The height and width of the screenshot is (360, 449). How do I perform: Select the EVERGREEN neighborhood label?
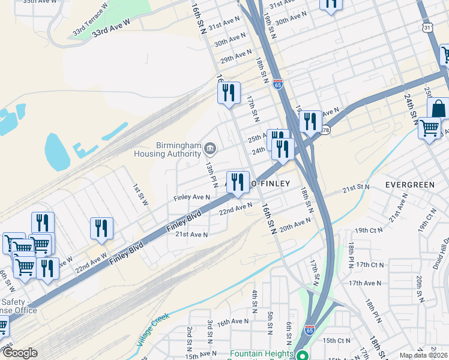(x=409, y=184)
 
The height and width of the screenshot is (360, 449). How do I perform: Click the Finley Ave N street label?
(x=192, y=197)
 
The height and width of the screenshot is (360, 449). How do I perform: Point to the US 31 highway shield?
(x=426, y=28)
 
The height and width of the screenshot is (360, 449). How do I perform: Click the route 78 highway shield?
(x=325, y=130)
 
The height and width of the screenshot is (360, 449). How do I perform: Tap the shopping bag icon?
(x=439, y=109)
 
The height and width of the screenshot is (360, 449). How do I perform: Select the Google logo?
(x=20, y=353)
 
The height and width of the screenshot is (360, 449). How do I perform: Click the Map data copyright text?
(x=423, y=355)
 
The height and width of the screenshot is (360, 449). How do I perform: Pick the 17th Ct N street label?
(x=369, y=265)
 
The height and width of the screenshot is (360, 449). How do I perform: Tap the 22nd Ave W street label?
(x=74, y=262)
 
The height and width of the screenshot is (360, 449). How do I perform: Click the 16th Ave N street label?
(x=233, y=322)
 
